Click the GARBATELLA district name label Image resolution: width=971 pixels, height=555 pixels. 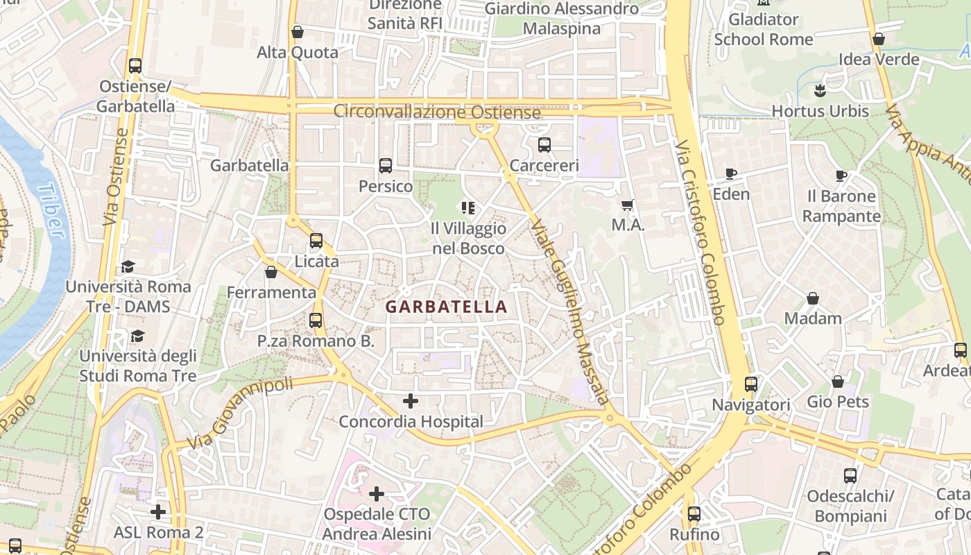point(446,307)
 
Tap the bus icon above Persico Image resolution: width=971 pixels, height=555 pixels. point(386,166)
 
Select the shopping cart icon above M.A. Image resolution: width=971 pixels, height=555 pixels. point(628,205)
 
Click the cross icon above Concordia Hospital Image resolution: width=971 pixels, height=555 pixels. point(411,401)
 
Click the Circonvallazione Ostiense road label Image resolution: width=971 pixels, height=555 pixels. point(437,112)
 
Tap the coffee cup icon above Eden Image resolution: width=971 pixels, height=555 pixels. point(731,173)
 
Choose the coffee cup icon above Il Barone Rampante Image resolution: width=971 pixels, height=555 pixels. point(841,176)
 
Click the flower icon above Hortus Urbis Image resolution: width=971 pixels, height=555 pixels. point(820,90)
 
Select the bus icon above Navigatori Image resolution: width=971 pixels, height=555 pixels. point(751,384)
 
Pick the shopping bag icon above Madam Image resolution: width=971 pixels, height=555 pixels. point(813,298)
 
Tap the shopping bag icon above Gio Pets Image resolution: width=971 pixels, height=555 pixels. point(838,382)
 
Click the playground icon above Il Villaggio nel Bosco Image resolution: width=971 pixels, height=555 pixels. point(468,207)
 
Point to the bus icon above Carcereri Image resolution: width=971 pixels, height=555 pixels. point(544,145)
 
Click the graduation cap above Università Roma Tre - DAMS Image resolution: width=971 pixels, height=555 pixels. point(128,266)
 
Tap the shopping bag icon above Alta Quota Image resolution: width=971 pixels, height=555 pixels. point(298,32)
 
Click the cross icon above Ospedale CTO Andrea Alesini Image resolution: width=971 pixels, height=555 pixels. point(377,494)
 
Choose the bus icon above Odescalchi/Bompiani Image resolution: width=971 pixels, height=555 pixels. point(850,476)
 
